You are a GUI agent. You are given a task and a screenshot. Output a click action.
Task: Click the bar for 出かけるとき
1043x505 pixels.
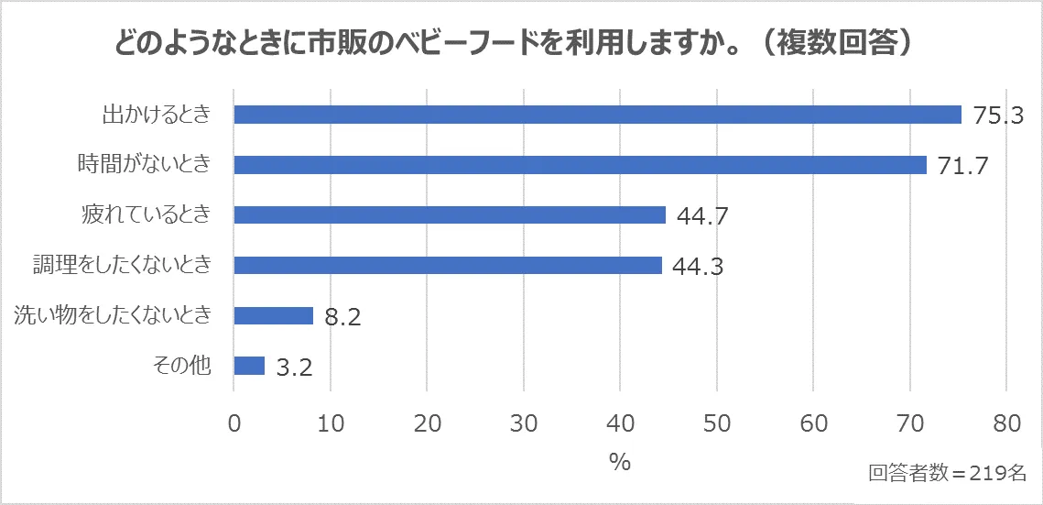point(597,115)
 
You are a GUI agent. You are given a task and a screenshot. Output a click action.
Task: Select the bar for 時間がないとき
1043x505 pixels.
point(580,165)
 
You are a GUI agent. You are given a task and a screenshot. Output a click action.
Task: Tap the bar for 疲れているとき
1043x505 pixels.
point(450,214)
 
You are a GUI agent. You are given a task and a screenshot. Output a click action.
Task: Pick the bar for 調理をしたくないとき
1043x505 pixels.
point(448,265)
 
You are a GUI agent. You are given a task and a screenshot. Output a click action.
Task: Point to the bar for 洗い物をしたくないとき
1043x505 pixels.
point(274,315)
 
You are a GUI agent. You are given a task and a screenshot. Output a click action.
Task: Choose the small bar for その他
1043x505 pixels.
point(249,366)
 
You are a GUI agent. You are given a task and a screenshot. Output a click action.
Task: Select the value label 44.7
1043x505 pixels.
point(702,217)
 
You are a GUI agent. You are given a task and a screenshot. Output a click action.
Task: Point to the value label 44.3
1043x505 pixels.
point(699,268)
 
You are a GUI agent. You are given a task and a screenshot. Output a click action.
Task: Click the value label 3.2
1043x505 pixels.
point(294,368)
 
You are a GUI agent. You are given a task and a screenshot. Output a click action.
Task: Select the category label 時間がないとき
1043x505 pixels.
point(144,165)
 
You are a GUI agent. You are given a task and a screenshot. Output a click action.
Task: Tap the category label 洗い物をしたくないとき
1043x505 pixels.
point(113,315)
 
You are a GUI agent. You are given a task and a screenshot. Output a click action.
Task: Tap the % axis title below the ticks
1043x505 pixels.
point(620,461)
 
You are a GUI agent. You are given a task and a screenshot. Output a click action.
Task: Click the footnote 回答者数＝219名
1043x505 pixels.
point(947,473)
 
